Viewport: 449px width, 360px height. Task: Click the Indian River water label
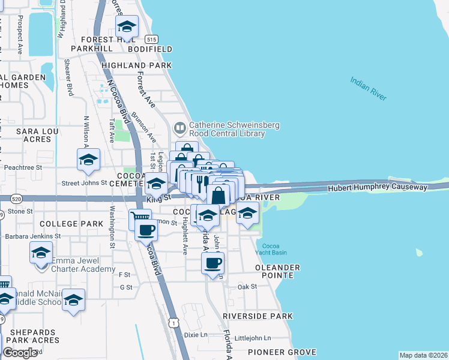(369, 88)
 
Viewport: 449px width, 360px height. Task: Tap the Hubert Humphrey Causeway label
(378, 188)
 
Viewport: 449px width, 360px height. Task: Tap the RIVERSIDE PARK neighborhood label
(258, 316)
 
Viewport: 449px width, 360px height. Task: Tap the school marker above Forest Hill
(127, 26)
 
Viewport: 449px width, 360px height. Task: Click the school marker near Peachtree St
(88, 160)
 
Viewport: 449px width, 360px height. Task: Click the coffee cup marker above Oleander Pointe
(213, 263)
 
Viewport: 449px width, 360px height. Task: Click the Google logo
(20, 353)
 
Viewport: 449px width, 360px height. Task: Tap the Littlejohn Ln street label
(253, 338)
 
